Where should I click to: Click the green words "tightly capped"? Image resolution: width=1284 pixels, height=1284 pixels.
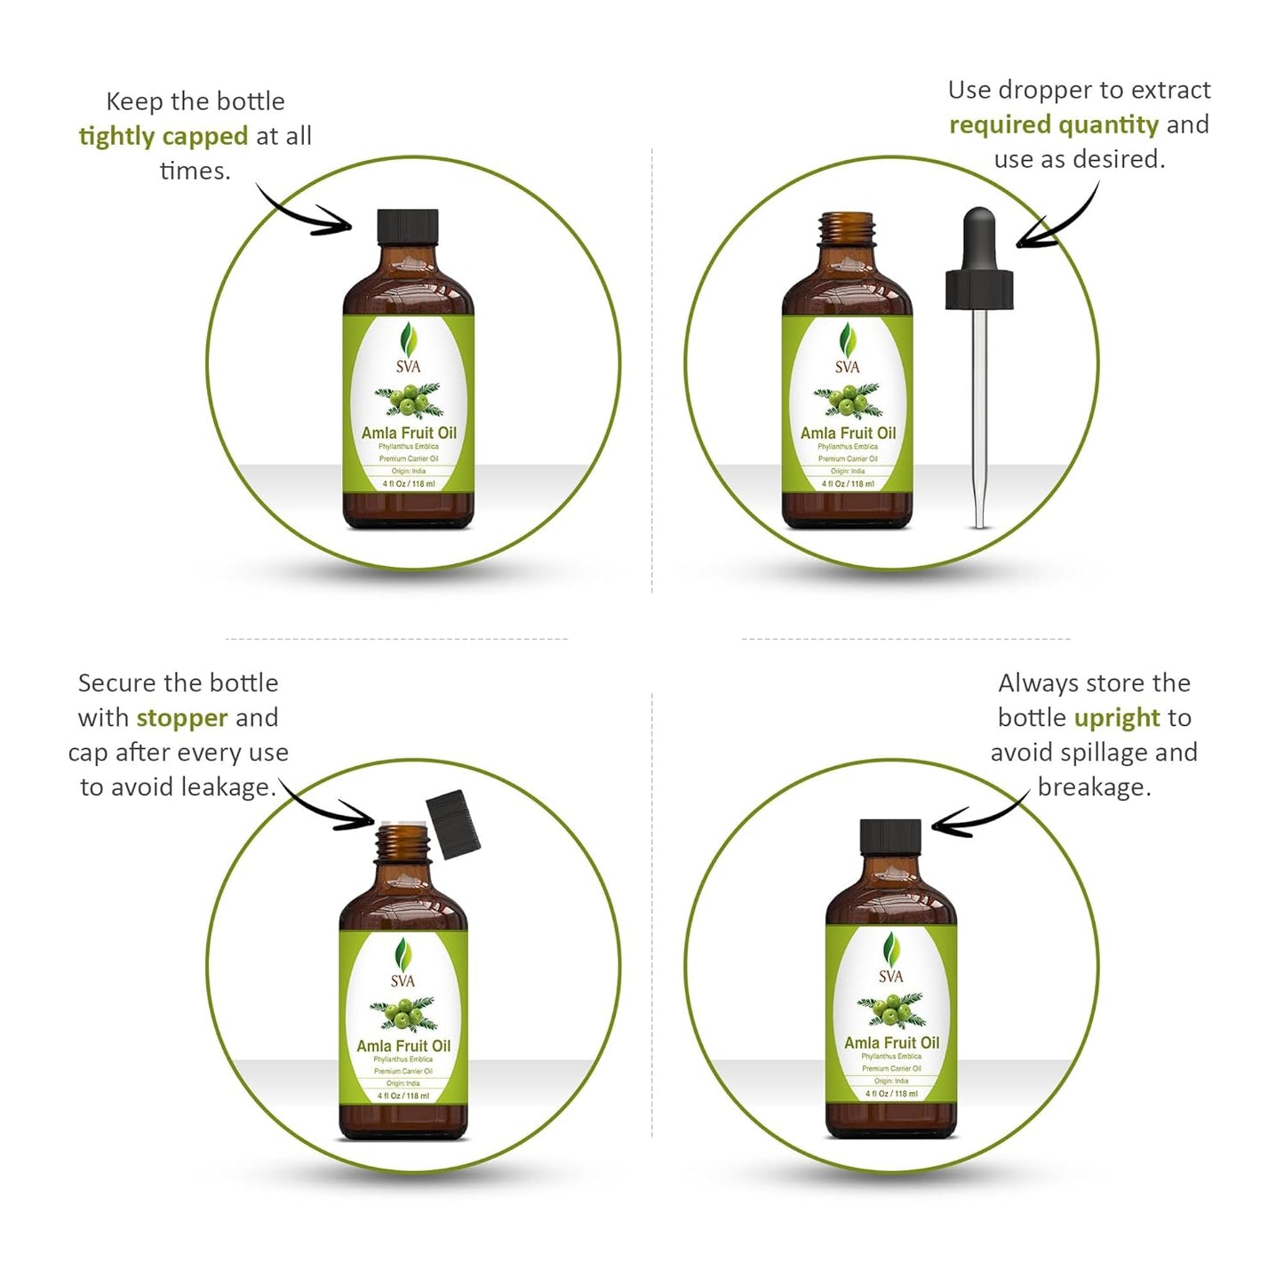[163, 136]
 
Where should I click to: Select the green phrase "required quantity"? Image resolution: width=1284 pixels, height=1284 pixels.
[1054, 124]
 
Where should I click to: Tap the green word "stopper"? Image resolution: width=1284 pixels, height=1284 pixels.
[182, 717]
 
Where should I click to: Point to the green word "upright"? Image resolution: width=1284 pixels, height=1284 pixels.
[1117, 717]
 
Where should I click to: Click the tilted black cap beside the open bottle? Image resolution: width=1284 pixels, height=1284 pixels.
[453, 825]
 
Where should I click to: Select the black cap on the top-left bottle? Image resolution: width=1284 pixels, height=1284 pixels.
[408, 226]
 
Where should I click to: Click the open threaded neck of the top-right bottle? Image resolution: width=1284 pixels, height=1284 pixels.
[847, 228]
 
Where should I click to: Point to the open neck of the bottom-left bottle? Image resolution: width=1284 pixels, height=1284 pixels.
[403, 841]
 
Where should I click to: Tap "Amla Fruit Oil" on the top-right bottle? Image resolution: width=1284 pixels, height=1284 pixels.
[848, 433]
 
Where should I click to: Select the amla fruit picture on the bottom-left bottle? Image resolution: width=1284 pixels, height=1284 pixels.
[403, 1013]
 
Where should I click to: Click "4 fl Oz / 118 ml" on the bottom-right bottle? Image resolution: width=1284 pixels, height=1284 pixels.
[891, 1094]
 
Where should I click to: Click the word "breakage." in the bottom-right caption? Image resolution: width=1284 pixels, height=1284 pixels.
[1094, 787]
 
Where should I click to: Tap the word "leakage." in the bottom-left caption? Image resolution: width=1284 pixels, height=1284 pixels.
[229, 787]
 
